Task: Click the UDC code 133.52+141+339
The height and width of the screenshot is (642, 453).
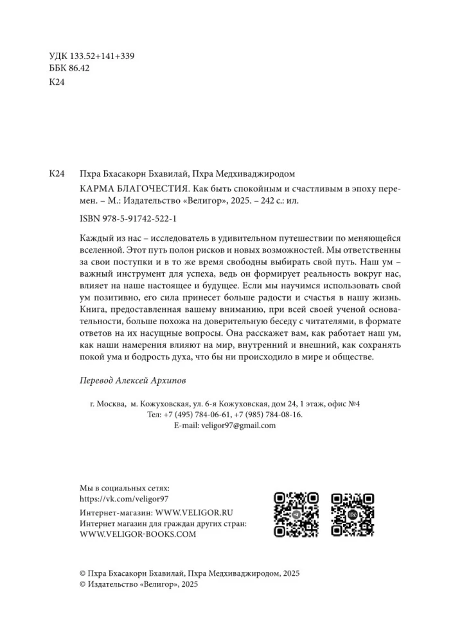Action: (x=102, y=56)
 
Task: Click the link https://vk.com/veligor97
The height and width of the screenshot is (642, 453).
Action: (x=123, y=498)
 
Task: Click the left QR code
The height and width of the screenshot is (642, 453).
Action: (x=296, y=515)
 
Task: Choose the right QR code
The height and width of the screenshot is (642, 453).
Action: (x=352, y=515)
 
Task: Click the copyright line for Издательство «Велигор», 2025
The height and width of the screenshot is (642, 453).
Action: (x=138, y=584)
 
